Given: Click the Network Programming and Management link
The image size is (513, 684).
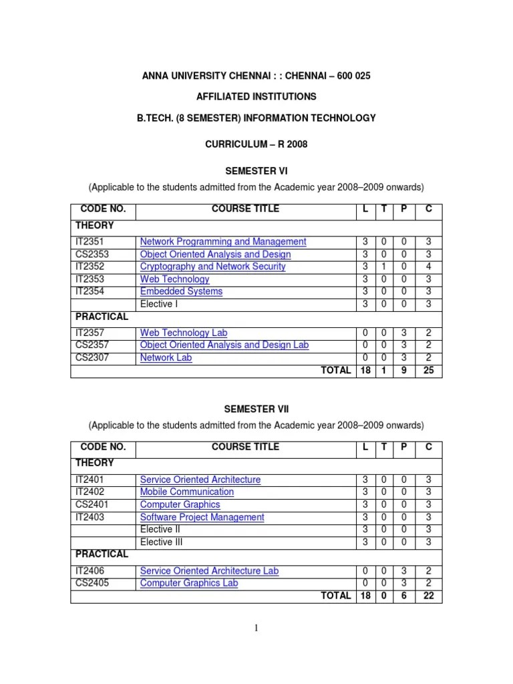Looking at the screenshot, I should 223,242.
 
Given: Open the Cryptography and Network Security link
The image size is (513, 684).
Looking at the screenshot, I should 212,267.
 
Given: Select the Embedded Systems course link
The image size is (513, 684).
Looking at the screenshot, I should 181,291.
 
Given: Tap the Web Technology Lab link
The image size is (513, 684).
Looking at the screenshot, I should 184,333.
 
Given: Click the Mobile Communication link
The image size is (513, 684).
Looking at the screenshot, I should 186,492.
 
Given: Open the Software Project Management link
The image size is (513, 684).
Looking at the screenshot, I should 202,517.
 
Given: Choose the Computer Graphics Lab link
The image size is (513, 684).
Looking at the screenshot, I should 188,583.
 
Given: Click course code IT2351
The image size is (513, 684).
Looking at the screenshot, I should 90,242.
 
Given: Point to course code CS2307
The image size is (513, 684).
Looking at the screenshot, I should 92,357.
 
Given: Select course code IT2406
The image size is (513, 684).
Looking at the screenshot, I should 90,571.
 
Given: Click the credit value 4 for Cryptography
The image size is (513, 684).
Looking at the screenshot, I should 427,267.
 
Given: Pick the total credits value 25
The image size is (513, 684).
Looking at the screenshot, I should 427,370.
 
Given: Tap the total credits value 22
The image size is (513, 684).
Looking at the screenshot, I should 427,596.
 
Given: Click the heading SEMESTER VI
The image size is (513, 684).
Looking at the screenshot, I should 256,171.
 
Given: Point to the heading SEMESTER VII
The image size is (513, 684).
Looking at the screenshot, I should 256,409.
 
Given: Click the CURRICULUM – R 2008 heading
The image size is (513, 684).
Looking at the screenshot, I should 256,144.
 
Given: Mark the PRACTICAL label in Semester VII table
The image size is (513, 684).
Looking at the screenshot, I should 102,554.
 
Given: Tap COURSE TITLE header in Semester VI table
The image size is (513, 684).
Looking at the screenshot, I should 245,209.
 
